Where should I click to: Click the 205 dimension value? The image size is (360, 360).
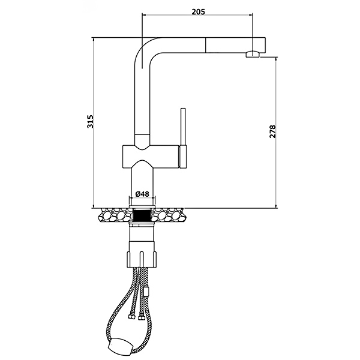pyautogui.click(x=199, y=12)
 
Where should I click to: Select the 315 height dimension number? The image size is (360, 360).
pyautogui.click(x=90, y=121)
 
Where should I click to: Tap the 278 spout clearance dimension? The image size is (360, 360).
pyautogui.click(x=272, y=131)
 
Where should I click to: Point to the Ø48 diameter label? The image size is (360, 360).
pyautogui.click(x=142, y=194)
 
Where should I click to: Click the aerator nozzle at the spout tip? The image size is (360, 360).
pyautogui.click(x=253, y=55)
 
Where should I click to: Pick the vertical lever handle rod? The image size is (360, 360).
pyautogui.click(x=183, y=126)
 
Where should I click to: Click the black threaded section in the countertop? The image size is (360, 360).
pyautogui.click(x=142, y=215)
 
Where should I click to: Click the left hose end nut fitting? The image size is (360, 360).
pyautogui.click(x=131, y=317)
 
